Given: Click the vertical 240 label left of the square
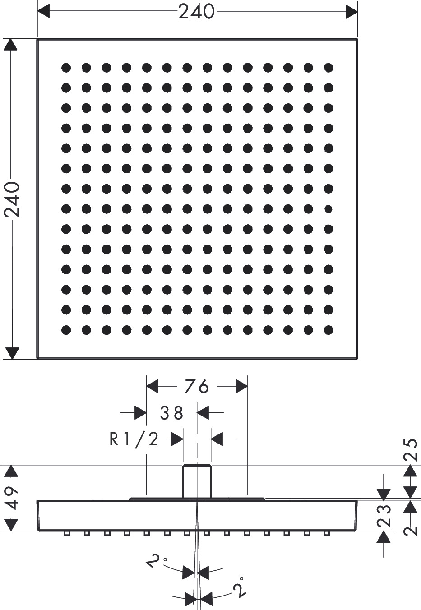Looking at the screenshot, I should (x=12, y=199).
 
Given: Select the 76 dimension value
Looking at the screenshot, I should (x=197, y=387).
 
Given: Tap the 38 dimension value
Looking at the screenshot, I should (x=172, y=413).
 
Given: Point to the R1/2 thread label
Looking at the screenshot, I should (x=134, y=439).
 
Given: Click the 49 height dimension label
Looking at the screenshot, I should (x=12, y=498).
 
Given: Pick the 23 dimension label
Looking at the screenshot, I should (x=384, y=515).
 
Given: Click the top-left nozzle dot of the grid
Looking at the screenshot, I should (x=66, y=68).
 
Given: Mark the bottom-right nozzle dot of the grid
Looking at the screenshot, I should (x=328, y=329).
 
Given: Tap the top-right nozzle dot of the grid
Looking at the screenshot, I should (x=328, y=68).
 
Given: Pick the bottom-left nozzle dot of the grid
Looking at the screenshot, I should (x=66, y=329).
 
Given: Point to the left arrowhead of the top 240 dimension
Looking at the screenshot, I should (x=43, y=12).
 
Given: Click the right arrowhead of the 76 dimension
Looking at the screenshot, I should (x=242, y=387).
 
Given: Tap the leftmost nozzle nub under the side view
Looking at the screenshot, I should (x=67, y=534).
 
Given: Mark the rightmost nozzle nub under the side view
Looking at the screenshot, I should (x=327, y=534).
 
